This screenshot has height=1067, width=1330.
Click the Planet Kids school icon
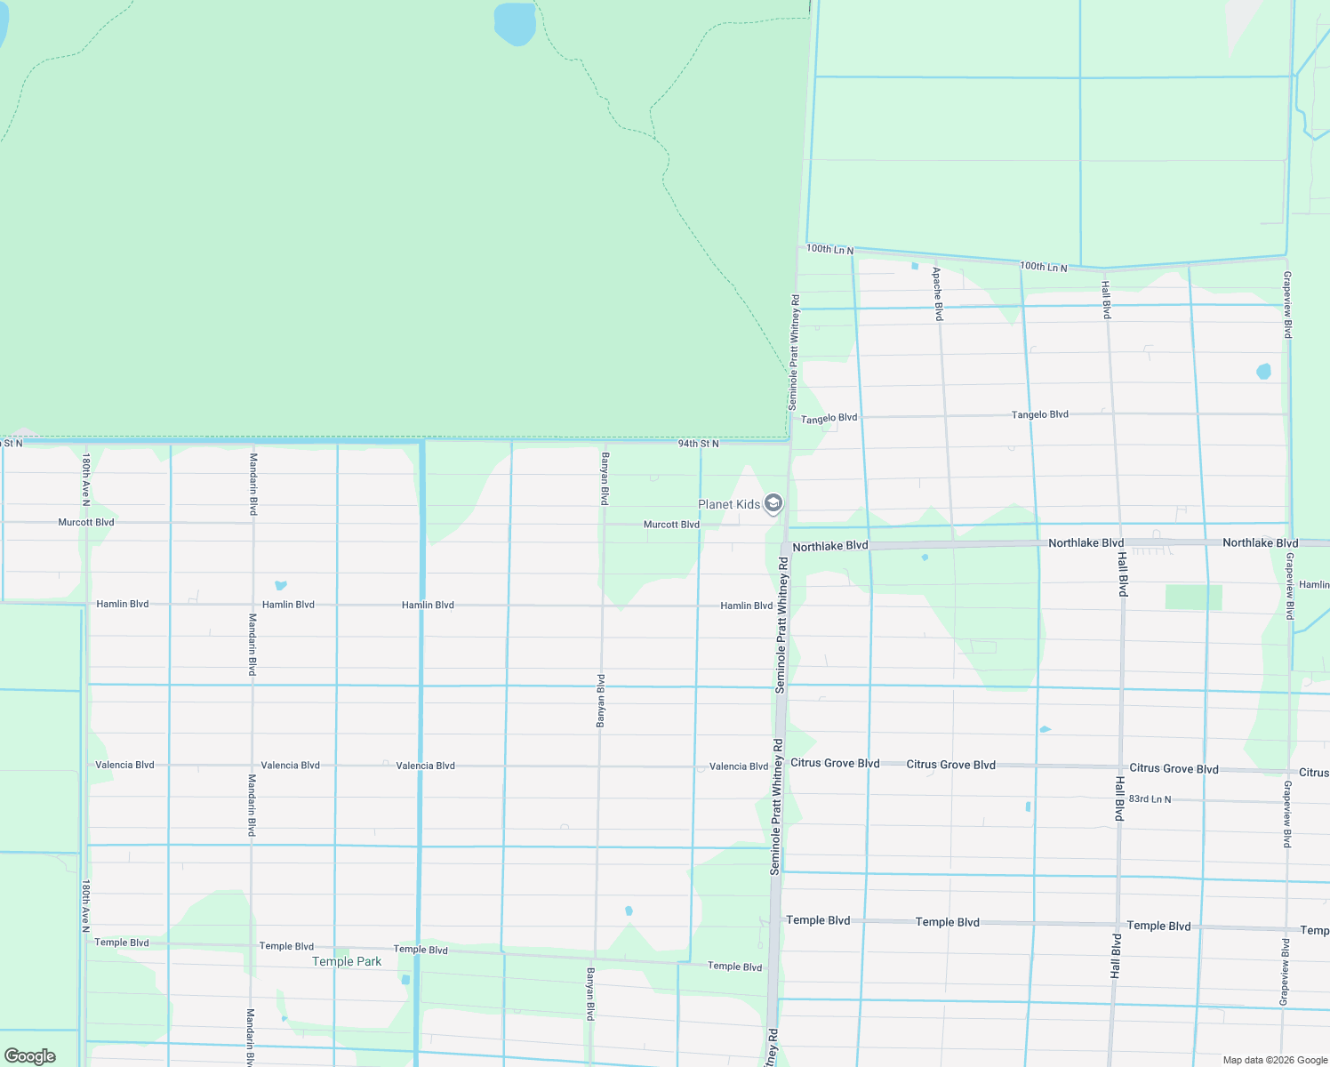point(773,504)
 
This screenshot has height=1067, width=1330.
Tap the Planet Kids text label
point(729,504)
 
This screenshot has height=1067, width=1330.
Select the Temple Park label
point(347,961)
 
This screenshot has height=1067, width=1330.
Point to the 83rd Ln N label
point(1150,799)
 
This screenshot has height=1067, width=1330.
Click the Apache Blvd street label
point(937,293)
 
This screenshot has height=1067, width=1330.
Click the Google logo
point(30,1055)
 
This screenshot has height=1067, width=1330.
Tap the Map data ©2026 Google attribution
point(1275,1060)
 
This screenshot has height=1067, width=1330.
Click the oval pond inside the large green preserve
point(515,23)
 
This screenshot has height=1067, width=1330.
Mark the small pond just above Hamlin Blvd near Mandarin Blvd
point(281,585)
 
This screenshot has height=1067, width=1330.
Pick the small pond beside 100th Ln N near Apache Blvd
point(915,265)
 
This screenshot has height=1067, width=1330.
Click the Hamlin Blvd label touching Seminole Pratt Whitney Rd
point(746,606)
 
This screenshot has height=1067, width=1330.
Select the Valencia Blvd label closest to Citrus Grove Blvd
point(738,766)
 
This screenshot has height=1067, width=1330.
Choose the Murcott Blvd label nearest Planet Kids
point(671,525)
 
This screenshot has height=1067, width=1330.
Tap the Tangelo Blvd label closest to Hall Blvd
point(1039,414)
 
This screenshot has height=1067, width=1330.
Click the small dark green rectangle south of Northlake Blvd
point(1193,598)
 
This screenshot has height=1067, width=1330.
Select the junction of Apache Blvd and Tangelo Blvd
point(944,415)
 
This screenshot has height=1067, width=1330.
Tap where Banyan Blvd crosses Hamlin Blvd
point(602,606)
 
